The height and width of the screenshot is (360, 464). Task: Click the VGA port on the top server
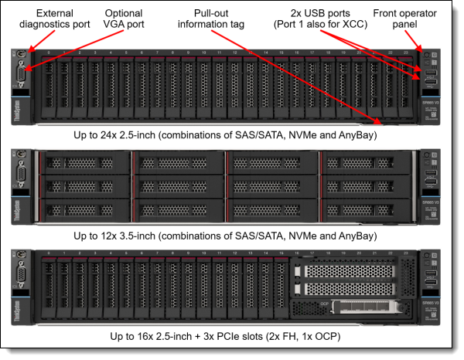coord(21,77)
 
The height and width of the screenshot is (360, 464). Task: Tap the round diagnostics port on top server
coord(21,55)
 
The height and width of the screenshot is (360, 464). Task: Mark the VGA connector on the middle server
coord(21,176)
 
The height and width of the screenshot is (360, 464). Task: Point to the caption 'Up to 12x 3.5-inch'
coord(232,235)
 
